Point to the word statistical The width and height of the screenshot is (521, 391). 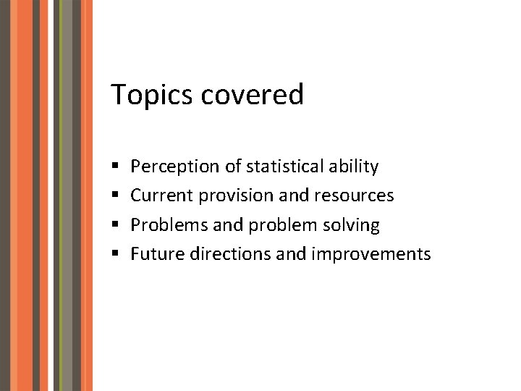pos(285,167)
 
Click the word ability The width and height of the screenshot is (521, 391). pos(353,167)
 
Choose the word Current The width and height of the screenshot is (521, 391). pos(162,195)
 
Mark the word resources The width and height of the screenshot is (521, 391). pos(355,195)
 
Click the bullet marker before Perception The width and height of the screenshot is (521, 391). pos(117,167)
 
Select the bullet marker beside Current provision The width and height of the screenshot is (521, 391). pos(117,196)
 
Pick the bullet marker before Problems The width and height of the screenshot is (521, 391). pos(117,226)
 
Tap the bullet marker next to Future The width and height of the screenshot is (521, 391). pos(117,255)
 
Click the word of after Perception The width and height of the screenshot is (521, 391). pos(233,167)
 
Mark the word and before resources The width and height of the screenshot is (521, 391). pos(292,195)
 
